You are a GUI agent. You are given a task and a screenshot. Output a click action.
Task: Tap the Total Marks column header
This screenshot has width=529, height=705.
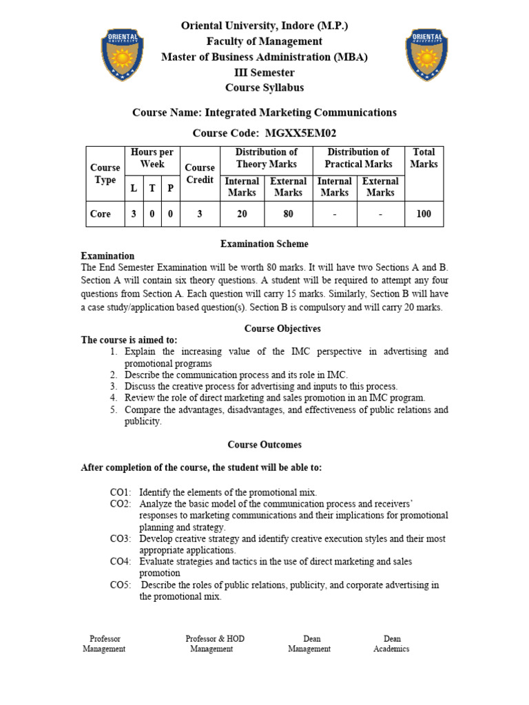(424, 158)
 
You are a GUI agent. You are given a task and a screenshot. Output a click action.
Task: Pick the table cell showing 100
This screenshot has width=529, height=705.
(424, 214)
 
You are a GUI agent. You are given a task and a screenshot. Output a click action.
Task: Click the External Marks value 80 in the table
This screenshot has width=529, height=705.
(288, 214)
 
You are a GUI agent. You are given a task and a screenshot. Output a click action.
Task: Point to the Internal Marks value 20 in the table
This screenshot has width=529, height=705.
(242, 214)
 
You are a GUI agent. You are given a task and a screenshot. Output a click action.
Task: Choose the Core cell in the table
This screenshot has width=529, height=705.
(101, 214)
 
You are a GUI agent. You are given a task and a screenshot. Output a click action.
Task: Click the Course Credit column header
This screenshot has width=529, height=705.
(200, 173)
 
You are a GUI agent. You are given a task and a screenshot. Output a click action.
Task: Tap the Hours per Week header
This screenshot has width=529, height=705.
(152, 158)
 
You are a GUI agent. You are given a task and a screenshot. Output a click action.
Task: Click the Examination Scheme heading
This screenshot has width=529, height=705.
(264, 244)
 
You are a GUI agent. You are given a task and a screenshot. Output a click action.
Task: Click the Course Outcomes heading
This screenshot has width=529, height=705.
(264, 445)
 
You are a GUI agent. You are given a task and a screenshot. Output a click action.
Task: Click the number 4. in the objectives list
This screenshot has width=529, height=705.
(114, 398)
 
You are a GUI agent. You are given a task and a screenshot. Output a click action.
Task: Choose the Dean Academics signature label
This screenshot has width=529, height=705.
(391, 644)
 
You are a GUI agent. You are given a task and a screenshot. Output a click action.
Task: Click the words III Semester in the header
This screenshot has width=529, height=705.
(264, 72)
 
